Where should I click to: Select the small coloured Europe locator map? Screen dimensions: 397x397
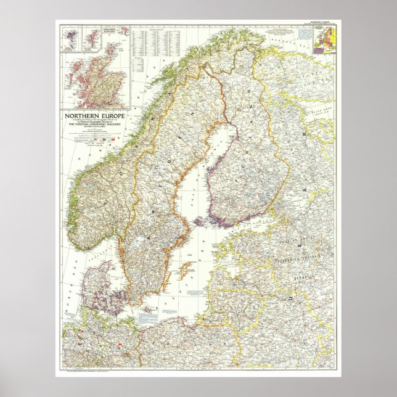point(325,40)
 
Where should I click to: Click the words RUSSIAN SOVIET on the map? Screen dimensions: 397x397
point(302,243)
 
